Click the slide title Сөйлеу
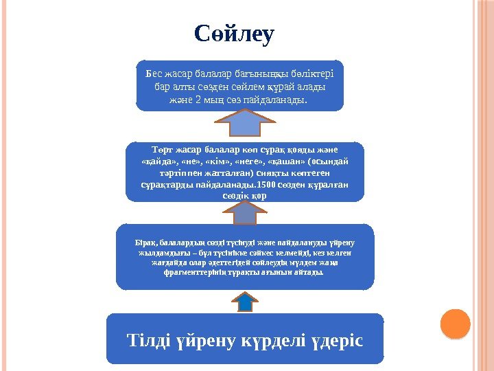point(234,33)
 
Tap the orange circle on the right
point(454,324)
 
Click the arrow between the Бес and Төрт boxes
point(240,124)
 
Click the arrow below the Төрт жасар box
point(245,214)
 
